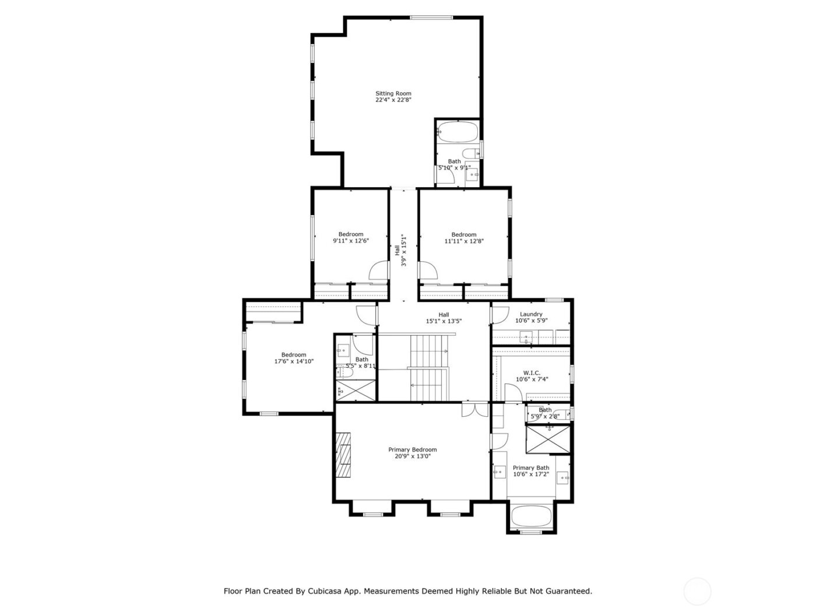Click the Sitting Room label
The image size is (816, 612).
click(x=393, y=93)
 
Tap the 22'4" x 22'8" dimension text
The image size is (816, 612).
click(x=393, y=100)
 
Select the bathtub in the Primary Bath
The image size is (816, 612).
click(x=530, y=516)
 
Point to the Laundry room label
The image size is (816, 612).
click(x=531, y=314)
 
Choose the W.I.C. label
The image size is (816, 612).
click(x=532, y=373)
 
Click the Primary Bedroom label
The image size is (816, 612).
click(x=412, y=449)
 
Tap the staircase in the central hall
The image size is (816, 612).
click(x=429, y=368)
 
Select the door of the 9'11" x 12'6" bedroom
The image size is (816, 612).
click(x=379, y=270)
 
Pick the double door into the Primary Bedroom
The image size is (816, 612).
click(x=474, y=410)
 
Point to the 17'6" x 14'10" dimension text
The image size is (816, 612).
click(x=294, y=361)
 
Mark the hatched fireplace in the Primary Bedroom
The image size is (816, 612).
click(x=344, y=455)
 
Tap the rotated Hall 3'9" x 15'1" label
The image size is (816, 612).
click(x=399, y=251)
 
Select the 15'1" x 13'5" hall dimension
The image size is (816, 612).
click(x=444, y=321)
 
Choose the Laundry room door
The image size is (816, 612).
click(x=499, y=315)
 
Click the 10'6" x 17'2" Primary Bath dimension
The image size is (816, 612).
click(x=530, y=474)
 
